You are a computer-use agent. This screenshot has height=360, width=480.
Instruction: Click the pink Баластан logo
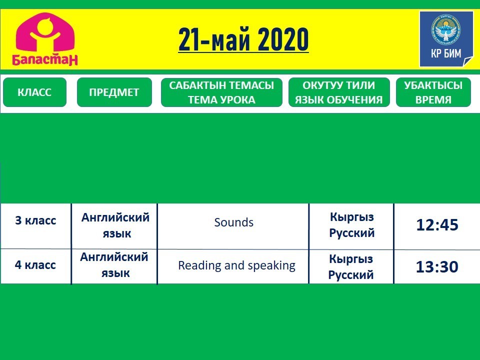[x=45, y=39]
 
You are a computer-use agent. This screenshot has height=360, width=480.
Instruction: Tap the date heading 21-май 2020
[x=243, y=39]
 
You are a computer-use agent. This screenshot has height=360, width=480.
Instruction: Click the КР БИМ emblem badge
[x=446, y=39]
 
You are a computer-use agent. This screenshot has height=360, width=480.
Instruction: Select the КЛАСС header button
[x=34, y=92]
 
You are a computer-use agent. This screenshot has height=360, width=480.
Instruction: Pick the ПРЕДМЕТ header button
[x=114, y=92]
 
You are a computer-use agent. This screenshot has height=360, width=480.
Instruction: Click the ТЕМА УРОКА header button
[x=221, y=92]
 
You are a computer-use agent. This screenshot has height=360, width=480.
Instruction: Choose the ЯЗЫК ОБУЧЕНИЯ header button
[x=339, y=92]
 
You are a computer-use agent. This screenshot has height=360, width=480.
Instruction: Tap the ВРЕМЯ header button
[x=433, y=92]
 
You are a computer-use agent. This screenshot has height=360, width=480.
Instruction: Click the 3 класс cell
[x=36, y=220]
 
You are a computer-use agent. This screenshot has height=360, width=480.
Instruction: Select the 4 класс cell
[x=35, y=265]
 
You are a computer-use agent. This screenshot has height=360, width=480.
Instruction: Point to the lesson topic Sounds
[x=234, y=222]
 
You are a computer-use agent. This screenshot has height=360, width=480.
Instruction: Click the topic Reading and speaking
[x=236, y=265]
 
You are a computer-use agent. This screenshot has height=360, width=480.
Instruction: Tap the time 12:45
[x=437, y=224]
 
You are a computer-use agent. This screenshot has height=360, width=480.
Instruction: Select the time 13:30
[x=437, y=266]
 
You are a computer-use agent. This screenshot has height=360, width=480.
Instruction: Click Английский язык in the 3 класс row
[x=115, y=225]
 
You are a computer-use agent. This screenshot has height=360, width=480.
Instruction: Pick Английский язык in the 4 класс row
[x=114, y=265]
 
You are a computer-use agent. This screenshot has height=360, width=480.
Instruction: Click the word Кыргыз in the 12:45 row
[x=352, y=217]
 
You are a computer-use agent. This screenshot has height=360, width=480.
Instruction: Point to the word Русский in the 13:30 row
[x=351, y=274]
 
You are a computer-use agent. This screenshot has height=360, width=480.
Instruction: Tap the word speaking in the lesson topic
[x=271, y=265]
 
